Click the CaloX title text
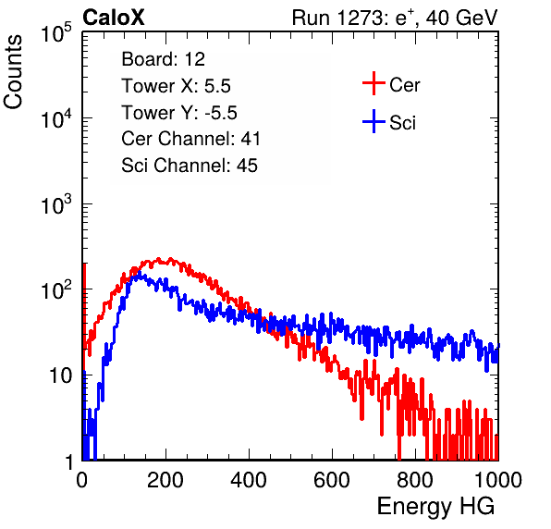tap(114, 18)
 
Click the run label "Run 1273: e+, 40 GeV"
tap(395, 18)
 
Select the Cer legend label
tap(404, 85)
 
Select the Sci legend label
tap(402, 123)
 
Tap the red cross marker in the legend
tap(373, 83)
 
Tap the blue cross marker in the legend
tap(373, 121)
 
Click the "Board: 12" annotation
tap(163, 59)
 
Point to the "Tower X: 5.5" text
tap(176, 86)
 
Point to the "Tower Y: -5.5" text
tap(179, 113)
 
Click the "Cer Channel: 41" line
tap(190, 139)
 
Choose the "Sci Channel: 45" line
tap(190, 166)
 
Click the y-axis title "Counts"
tap(13, 72)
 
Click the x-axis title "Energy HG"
tap(435, 507)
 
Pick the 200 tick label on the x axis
tap(165, 480)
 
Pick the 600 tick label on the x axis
tap(332, 480)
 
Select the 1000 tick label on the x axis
tap(498, 480)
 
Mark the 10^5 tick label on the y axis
tap(56, 32)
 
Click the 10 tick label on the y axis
tap(60, 376)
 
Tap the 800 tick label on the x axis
tap(415, 480)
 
